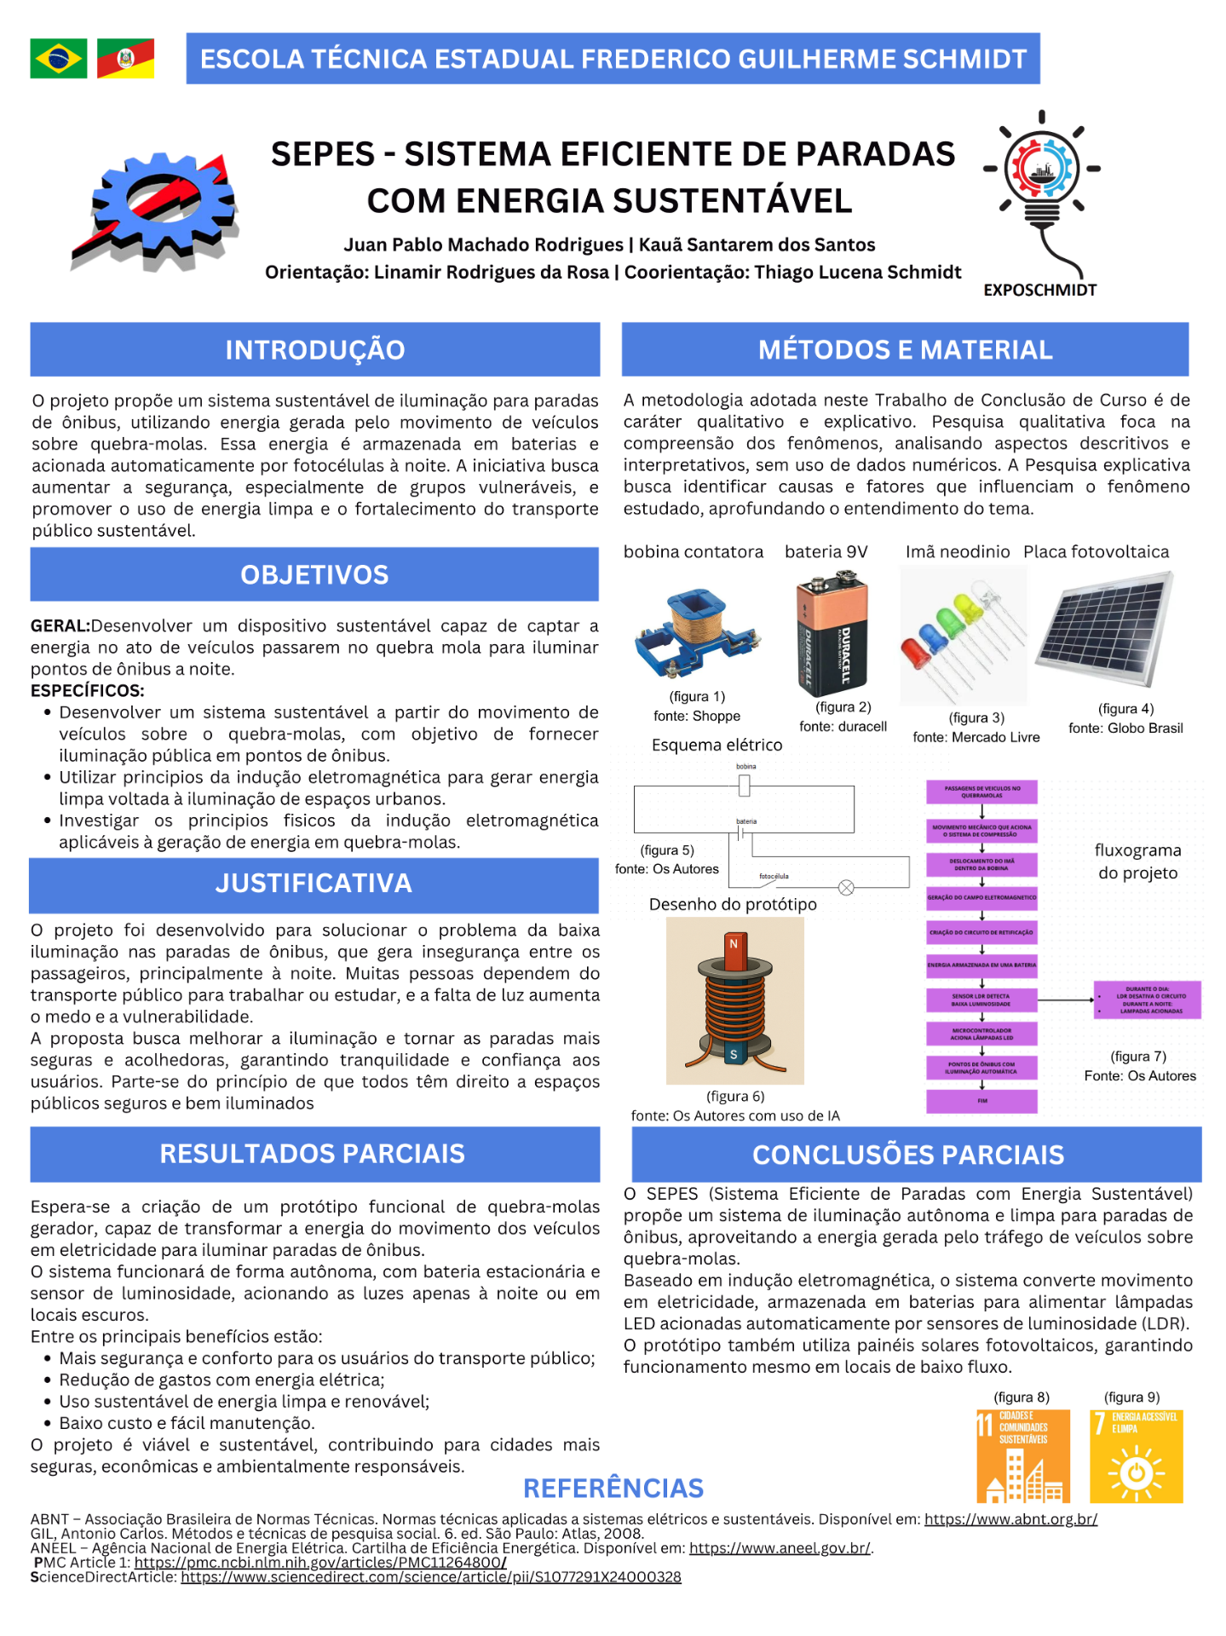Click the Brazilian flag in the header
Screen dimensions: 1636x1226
(58, 59)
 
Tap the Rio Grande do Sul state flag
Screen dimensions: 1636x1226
(125, 59)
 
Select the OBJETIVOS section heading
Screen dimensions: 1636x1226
(314, 575)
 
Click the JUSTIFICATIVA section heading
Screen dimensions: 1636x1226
(314, 884)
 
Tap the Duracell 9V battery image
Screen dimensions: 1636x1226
(832, 633)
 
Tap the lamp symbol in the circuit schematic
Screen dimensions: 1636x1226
(846, 888)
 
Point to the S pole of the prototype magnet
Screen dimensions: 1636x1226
(734, 1054)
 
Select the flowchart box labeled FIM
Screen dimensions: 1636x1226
(981, 1101)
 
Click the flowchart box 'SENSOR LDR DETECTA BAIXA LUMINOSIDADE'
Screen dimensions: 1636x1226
(981, 1000)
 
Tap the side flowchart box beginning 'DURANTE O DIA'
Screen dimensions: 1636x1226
(1148, 1000)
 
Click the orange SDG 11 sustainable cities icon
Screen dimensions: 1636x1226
(1023, 1456)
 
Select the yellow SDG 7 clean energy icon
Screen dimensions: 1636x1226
(1137, 1456)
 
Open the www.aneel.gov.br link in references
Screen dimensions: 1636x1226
(780, 1548)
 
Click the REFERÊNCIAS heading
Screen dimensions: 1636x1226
(613, 1489)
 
